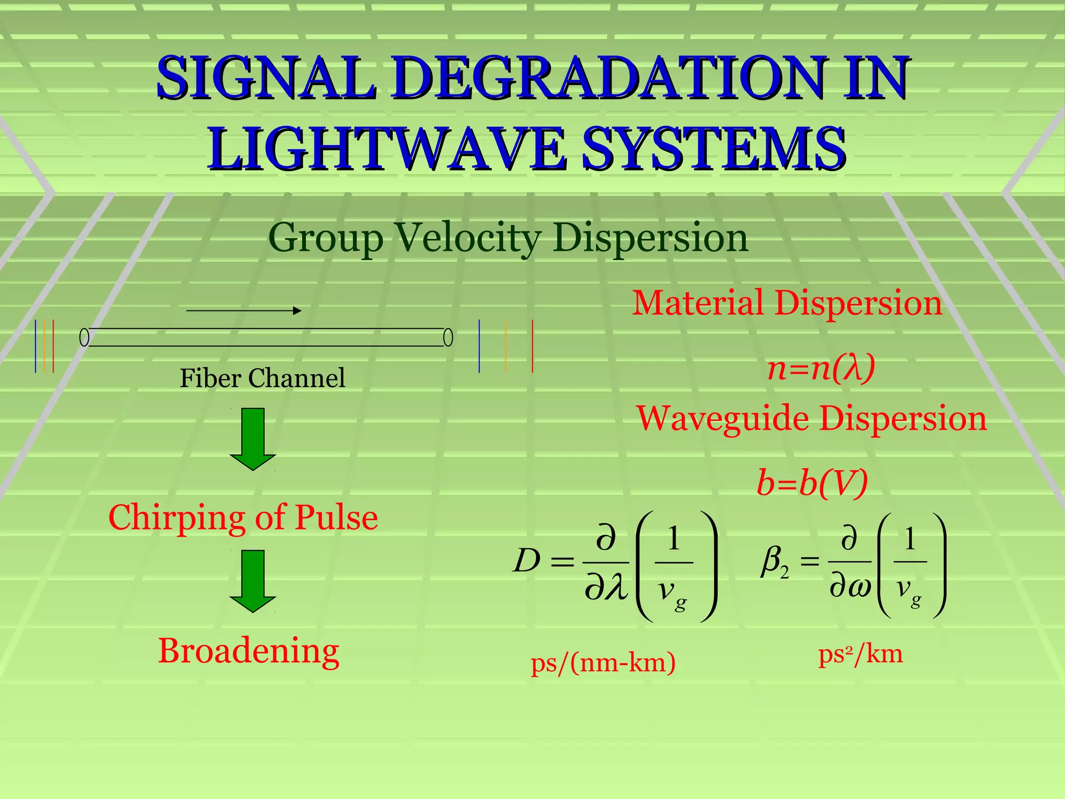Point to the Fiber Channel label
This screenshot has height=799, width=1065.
262,378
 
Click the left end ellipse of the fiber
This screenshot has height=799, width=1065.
84,338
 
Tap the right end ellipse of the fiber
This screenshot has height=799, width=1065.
448,338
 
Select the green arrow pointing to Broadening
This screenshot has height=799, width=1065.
253,581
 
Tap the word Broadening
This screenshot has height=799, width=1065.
249,651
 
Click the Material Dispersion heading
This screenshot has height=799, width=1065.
787,303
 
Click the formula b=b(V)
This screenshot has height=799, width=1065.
812,483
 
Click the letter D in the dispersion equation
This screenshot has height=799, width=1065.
526,561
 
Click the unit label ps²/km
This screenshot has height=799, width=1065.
861,654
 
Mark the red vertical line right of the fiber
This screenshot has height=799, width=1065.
532,346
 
